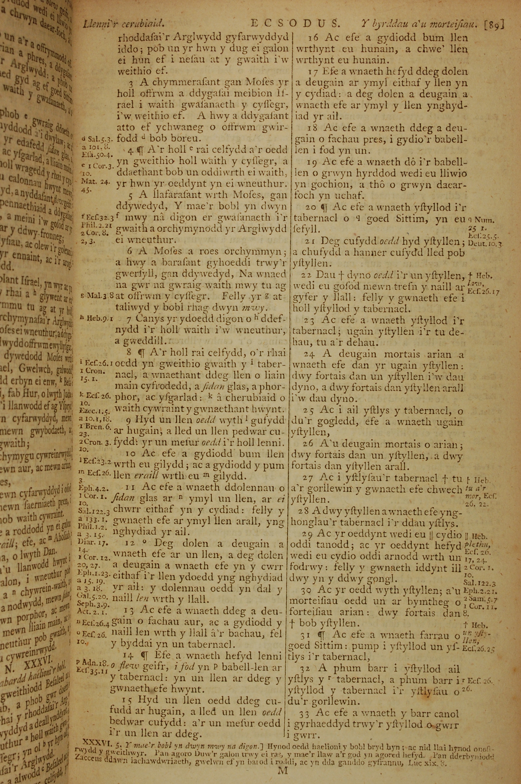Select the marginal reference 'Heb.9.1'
(97, 319)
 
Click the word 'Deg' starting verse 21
(333, 241)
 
